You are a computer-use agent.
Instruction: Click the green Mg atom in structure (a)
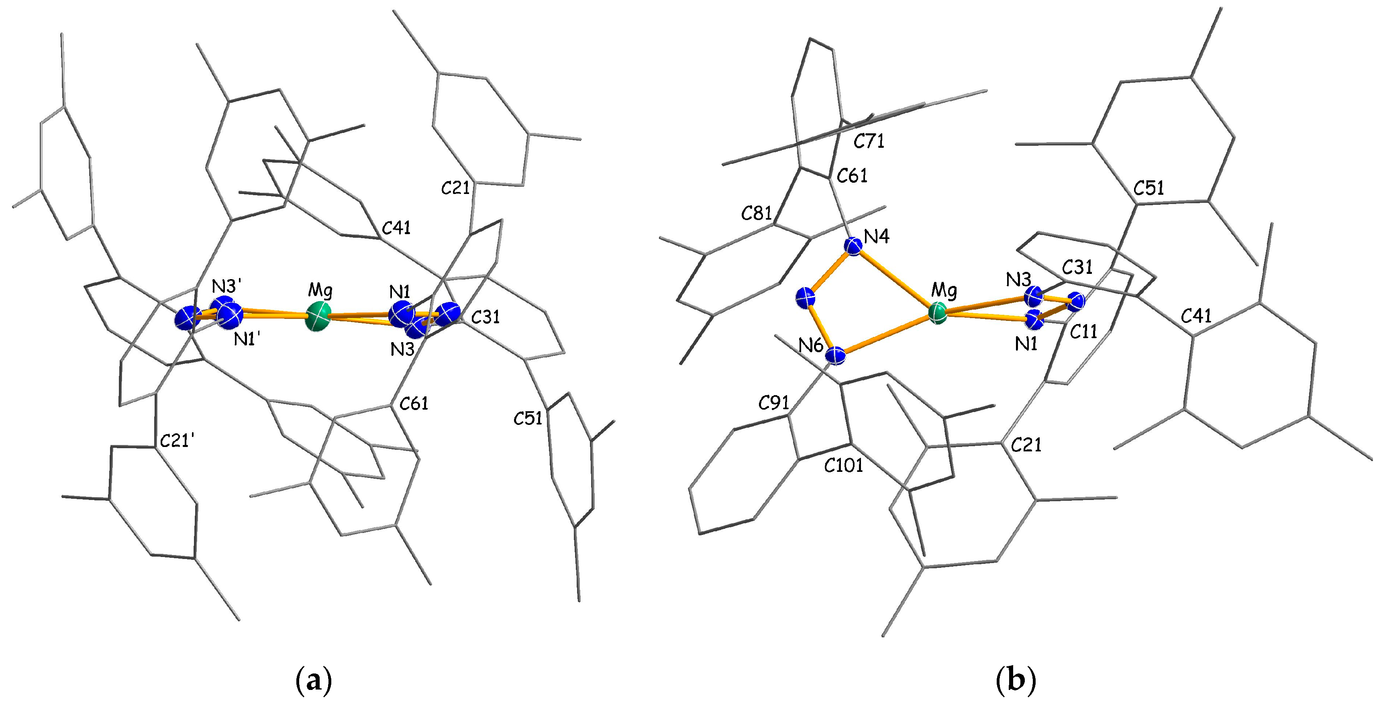(318, 317)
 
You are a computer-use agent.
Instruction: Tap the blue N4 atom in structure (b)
(853, 246)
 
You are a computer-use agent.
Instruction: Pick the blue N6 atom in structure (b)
(835, 355)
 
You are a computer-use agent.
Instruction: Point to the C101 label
(844, 465)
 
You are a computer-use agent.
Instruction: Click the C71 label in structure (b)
(869, 141)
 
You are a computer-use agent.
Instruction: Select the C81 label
(757, 214)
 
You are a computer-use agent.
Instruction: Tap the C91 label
(774, 403)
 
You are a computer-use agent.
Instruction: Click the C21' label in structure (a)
(177, 441)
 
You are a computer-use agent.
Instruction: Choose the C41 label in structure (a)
(396, 228)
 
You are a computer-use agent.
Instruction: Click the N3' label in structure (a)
(226, 285)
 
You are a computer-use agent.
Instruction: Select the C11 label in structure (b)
(1083, 332)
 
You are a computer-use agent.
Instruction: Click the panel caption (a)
(314, 681)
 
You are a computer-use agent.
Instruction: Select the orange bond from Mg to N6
(886, 335)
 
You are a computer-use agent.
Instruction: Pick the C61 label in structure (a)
(414, 403)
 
